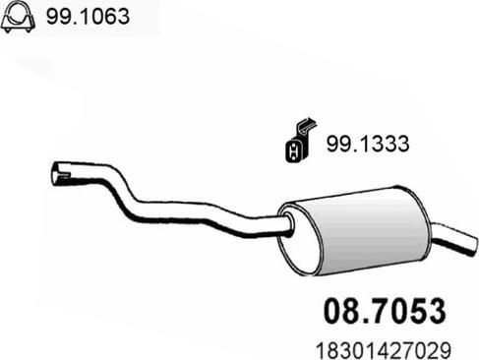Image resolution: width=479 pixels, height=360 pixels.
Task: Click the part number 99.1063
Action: (88, 16)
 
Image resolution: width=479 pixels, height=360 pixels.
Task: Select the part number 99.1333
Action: (368, 144)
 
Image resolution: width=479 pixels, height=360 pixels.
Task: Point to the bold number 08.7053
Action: (385, 311)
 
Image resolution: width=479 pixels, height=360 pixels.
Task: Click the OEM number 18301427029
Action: (384, 350)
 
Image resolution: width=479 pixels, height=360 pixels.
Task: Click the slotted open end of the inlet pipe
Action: (59, 173)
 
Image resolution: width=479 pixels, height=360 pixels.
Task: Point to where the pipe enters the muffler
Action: (286, 224)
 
